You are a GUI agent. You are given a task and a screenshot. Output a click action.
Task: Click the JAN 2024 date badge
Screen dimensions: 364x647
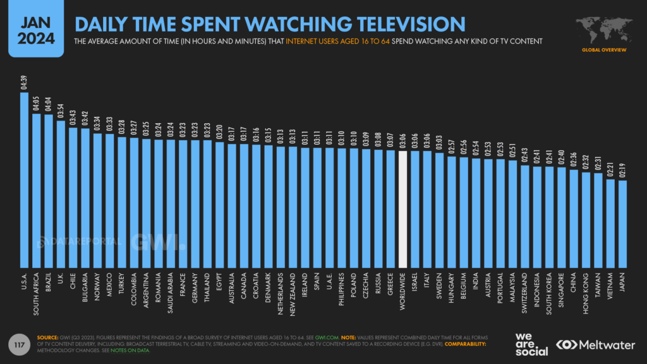[32, 28]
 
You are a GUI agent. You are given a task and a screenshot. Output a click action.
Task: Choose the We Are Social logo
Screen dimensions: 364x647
[533, 344]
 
